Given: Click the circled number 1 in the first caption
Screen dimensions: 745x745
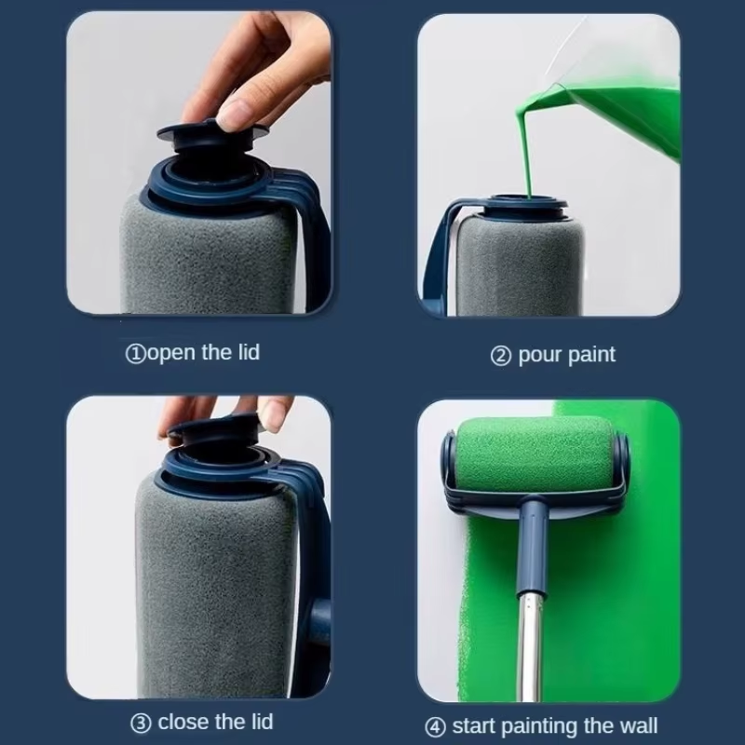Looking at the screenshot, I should pos(135,354).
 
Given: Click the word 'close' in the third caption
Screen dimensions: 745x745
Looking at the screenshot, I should pos(183,723).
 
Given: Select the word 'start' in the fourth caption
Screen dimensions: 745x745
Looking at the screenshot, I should pos(475,726).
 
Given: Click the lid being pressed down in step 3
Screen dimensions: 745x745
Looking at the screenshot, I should pos(214,433).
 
